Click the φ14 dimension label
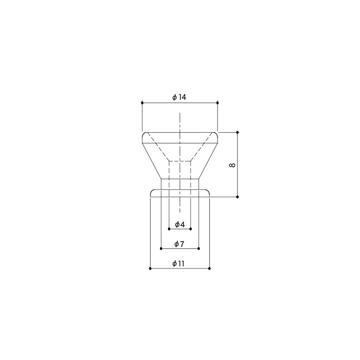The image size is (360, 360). coord(179,97)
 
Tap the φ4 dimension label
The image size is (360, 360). coord(180,224)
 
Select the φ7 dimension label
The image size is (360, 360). coord(179,244)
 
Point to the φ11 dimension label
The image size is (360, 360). coord(178,263)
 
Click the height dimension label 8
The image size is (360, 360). coord(232,165)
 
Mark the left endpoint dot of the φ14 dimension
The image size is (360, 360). coord(142,103)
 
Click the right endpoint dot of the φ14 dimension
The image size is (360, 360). coord(218,103)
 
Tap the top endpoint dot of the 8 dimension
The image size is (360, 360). coord(238,132)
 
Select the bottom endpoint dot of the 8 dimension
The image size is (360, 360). coord(238,197)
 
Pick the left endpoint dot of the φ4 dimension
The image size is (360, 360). coord(169,229)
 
